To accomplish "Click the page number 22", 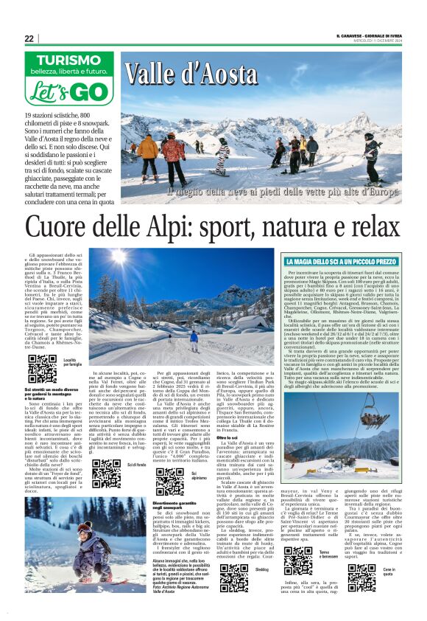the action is coord(29,38).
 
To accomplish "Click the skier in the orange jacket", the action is coord(148,152).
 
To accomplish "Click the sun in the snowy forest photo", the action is coord(119,260).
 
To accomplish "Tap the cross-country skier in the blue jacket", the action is coord(194,340).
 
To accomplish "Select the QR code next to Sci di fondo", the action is coord(106,473).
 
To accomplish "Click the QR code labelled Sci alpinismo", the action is coord(170,481).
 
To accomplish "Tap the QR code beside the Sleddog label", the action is coord(233,577).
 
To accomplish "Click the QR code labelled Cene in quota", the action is coord(361,577).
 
